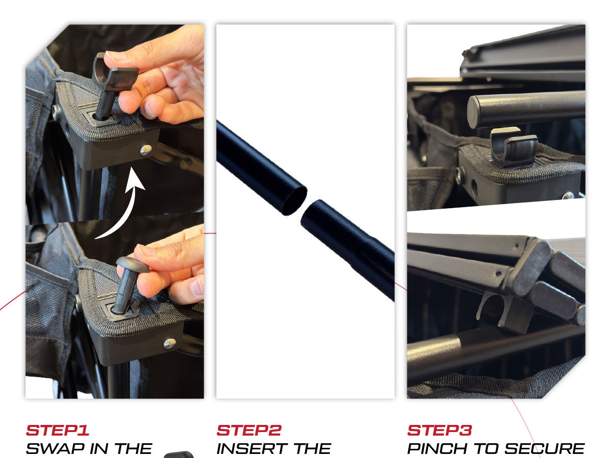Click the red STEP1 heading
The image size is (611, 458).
58,431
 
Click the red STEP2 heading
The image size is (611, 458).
249,431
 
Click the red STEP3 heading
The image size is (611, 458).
439,431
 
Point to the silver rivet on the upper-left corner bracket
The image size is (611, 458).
146,150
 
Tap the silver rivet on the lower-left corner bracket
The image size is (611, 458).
170,343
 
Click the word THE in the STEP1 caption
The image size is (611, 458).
133,449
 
